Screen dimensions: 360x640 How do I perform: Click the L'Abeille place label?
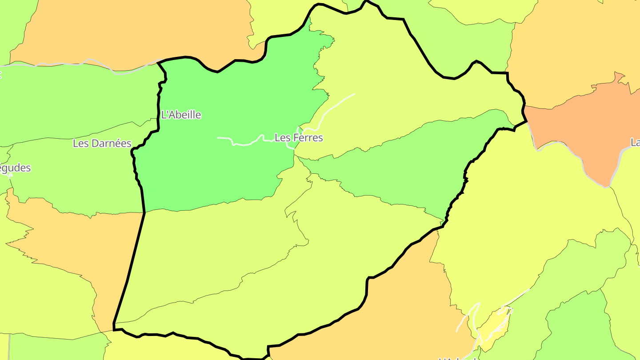pyautogui.click(x=181, y=115)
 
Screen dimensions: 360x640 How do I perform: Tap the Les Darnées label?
pyautogui.click(x=102, y=143)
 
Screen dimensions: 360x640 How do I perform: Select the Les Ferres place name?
pyautogui.click(x=299, y=138)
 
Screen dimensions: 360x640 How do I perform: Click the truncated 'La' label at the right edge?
pyautogui.click(x=635, y=143)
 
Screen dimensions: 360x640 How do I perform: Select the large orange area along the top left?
pyautogui.click(x=133, y=31)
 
